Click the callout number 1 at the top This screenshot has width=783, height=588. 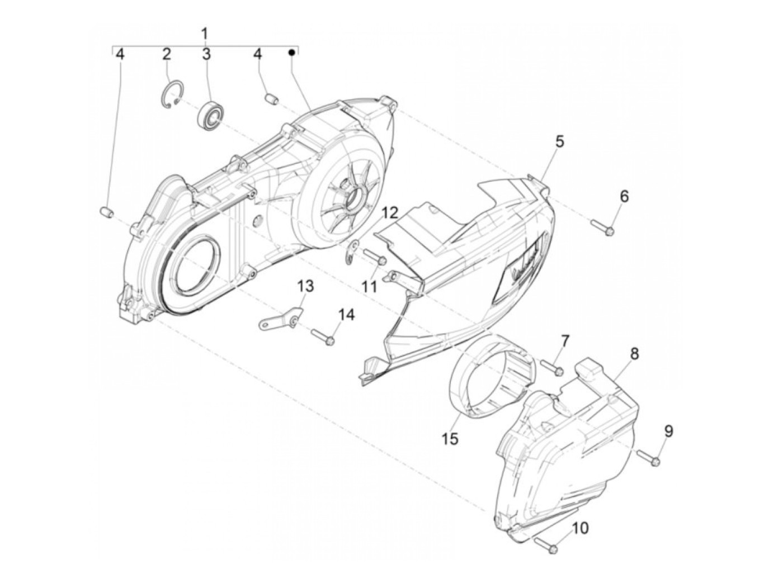[205, 32]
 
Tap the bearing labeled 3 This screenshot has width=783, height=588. [211, 115]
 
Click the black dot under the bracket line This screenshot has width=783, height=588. [291, 53]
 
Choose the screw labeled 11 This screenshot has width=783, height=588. [374, 257]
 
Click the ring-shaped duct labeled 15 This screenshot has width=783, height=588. [490, 380]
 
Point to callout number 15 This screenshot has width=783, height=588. [449, 439]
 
